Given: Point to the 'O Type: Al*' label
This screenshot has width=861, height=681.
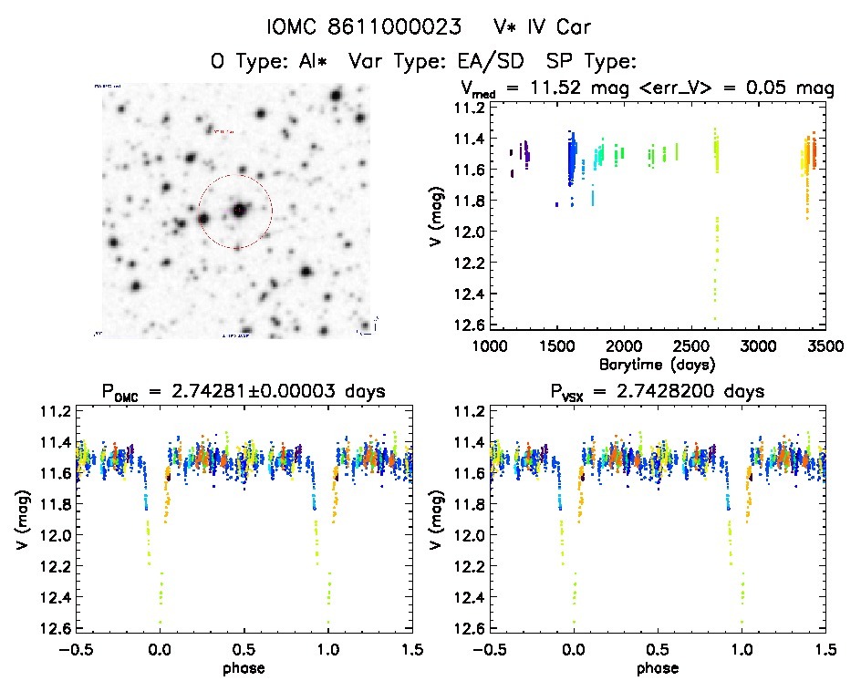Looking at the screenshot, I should pyautogui.click(x=270, y=62).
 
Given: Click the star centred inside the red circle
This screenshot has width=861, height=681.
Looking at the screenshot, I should pyautogui.click(x=238, y=211).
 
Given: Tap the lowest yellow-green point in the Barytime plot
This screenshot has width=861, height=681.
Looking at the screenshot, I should pyautogui.click(x=715, y=318).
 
